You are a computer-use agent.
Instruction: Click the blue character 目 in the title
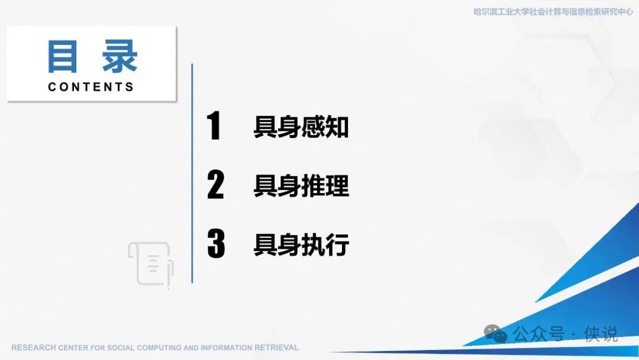(62, 57)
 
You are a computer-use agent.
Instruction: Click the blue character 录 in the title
(120, 57)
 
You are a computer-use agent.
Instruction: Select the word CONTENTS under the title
(91, 87)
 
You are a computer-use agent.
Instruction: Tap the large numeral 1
(214, 125)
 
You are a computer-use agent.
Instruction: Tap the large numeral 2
(215, 184)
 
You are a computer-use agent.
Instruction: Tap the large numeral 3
(216, 243)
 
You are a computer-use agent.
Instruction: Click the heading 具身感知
(301, 127)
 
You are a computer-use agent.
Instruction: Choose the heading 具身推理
(301, 186)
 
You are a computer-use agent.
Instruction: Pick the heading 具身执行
(301, 245)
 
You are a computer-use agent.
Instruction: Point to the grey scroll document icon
(151, 264)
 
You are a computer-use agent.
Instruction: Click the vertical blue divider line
(192, 173)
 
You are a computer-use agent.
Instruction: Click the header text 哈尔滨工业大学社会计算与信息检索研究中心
(553, 12)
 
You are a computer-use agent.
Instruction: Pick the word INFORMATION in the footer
(226, 348)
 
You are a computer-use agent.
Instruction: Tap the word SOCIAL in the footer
(121, 348)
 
